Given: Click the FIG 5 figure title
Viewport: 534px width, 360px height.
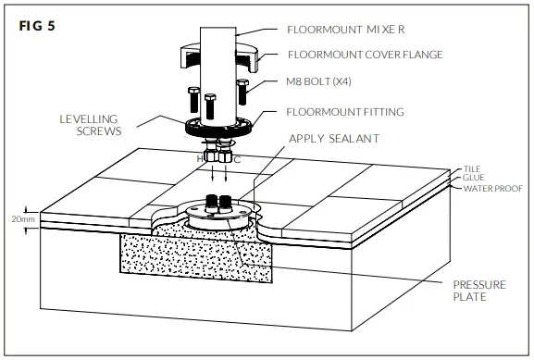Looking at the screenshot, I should coord(37,25).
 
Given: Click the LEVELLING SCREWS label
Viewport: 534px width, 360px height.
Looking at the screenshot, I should coord(90,122).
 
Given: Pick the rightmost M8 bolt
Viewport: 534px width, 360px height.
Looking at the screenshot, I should coord(242,93).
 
